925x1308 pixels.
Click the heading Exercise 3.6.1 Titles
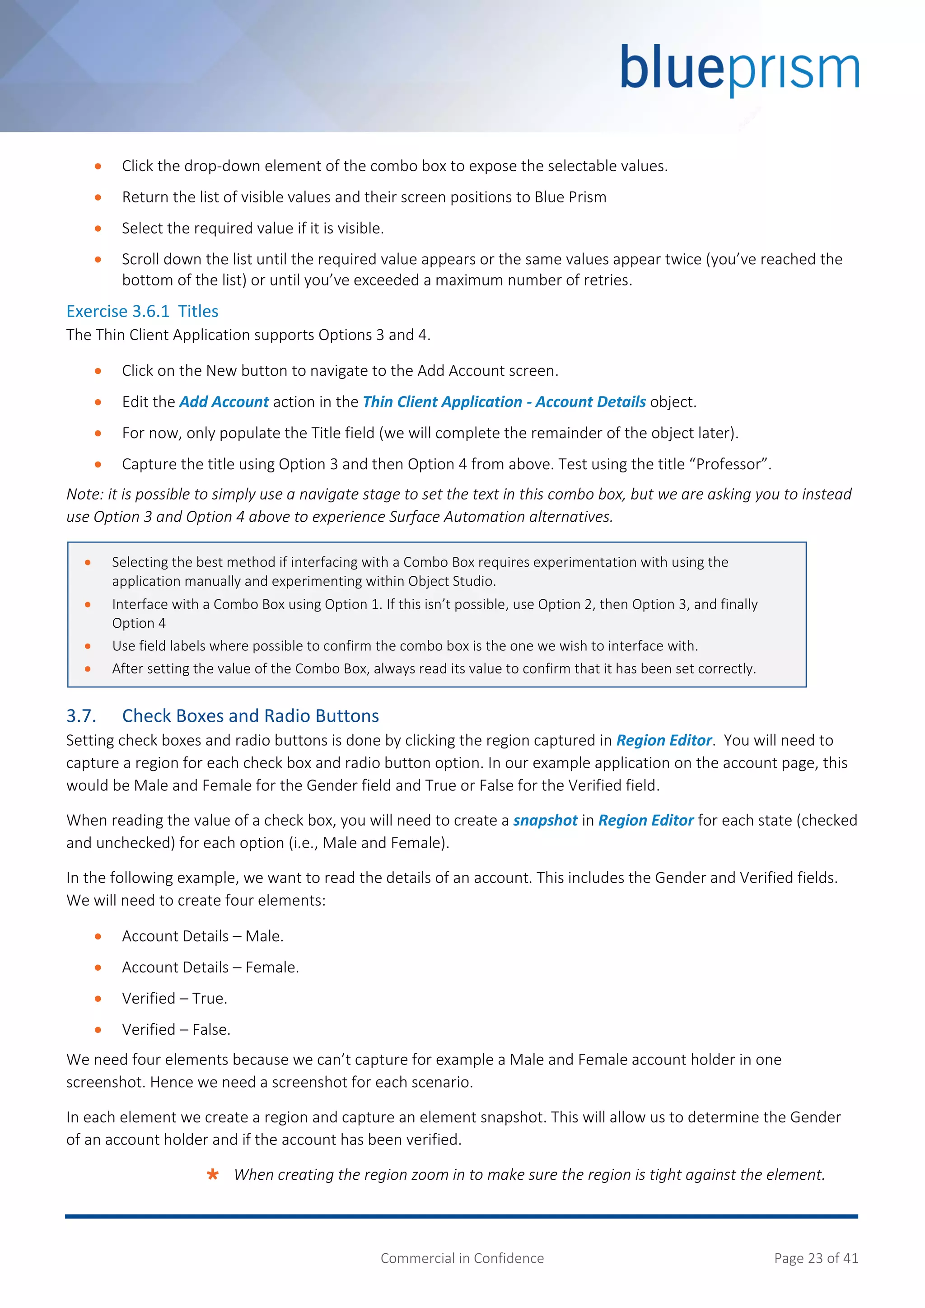(142, 311)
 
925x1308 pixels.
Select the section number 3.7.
(81, 715)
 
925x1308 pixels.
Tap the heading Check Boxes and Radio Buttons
(251, 715)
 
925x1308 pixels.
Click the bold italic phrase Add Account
(224, 402)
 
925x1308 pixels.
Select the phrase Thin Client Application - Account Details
(504, 402)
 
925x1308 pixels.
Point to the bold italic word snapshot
(545, 820)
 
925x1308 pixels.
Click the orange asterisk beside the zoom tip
(212, 1175)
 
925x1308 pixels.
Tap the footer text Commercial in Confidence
(462, 1258)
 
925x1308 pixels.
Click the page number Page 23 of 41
(816, 1258)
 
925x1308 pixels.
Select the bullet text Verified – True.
(174, 999)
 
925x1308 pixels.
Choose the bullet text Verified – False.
(176, 1029)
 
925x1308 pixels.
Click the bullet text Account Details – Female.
(210, 967)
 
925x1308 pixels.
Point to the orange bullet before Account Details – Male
(98, 937)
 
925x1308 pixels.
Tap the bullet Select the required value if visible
(253, 229)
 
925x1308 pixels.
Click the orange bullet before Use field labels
(88, 646)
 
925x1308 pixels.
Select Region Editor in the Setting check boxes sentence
(663, 741)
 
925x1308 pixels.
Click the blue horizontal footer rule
(461, 1216)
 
